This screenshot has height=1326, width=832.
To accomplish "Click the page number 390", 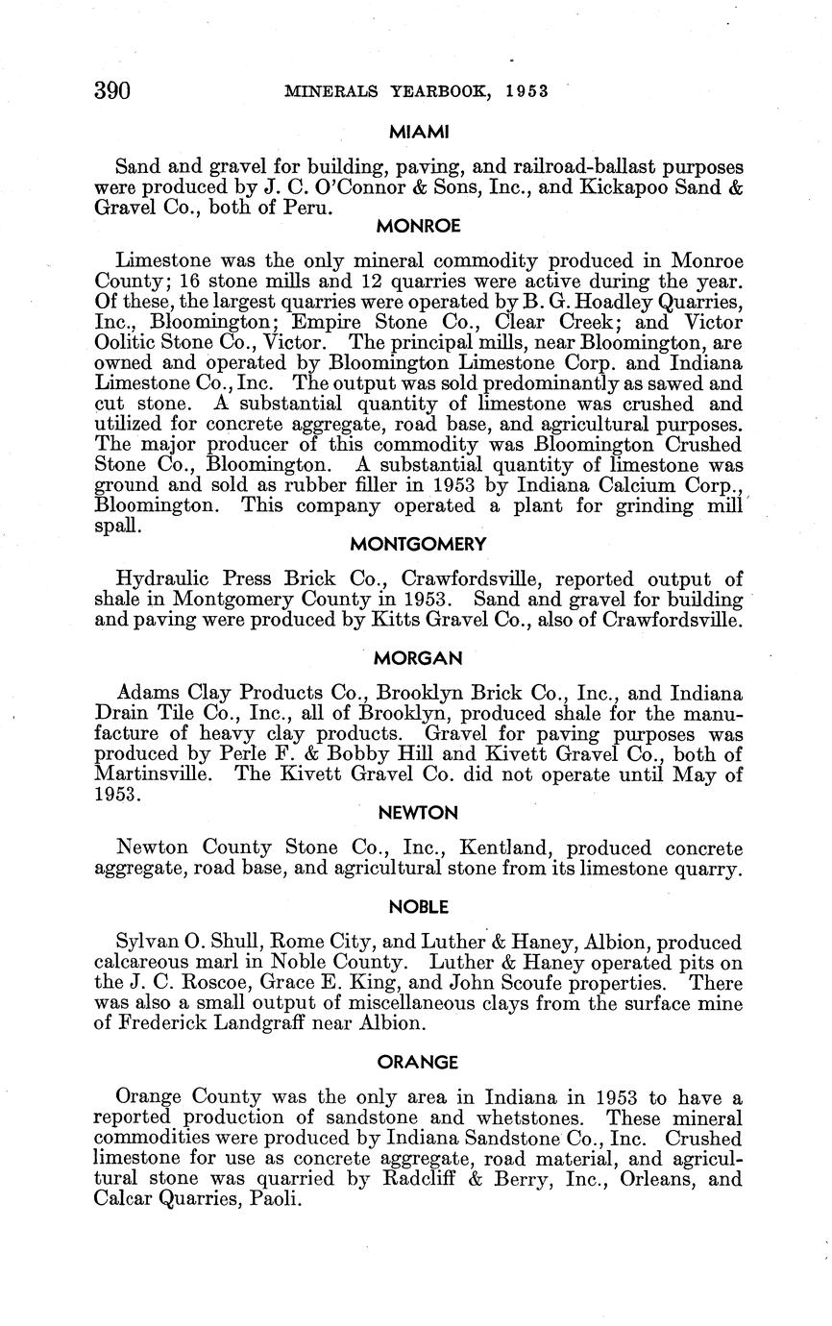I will click(x=112, y=91).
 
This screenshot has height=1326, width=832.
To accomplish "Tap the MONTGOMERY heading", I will click(x=418, y=545).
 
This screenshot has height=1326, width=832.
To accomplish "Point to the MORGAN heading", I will click(x=418, y=658).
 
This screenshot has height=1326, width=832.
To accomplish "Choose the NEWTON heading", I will click(x=418, y=813).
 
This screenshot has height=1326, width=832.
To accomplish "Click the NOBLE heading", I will click(x=418, y=907).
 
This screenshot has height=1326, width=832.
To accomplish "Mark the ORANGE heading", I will click(x=418, y=1063).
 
